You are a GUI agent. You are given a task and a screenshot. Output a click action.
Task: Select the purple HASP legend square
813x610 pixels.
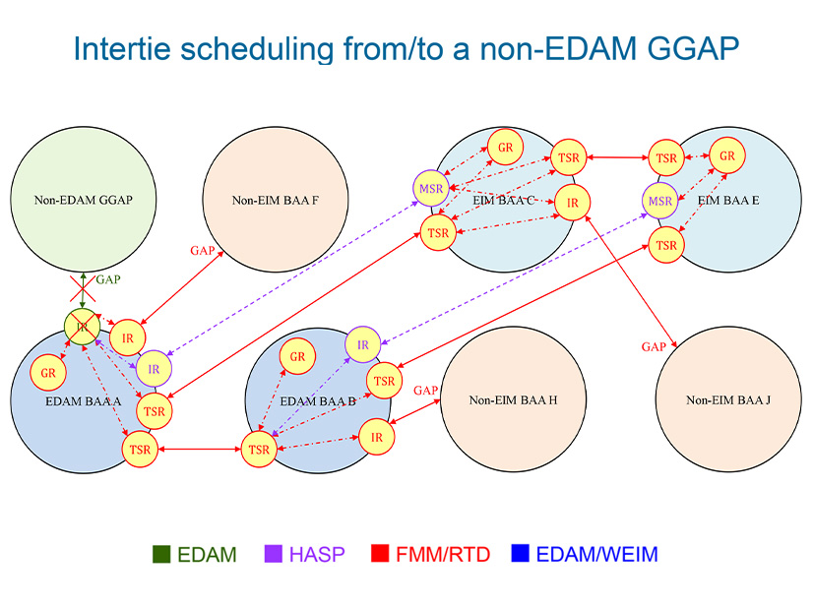[x=275, y=554]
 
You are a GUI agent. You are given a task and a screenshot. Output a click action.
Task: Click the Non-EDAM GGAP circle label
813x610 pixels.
[x=84, y=201]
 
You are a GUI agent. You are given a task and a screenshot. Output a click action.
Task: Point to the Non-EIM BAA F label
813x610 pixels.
[x=275, y=202]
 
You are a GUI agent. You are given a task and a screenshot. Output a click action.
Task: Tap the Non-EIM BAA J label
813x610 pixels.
[x=728, y=400]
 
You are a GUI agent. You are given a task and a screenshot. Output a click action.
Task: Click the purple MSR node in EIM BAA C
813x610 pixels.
[x=431, y=187]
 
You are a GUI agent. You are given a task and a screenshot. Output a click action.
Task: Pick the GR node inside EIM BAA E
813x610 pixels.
[x=727, y=156]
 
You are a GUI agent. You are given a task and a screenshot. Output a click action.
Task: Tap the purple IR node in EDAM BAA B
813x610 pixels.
[x=363, y=344]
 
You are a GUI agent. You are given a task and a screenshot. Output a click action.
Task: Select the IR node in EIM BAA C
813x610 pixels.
[x=571, y=202]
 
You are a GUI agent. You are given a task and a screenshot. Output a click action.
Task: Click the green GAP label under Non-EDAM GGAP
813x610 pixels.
[x=107, y=280]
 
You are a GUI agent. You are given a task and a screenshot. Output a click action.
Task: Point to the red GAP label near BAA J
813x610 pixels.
[x=654, y=347]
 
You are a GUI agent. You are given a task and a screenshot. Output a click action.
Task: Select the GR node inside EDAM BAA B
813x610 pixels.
[x=296, y=357]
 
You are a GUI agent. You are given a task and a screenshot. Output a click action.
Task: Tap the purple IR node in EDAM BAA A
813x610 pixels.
[x=153, y=368]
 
